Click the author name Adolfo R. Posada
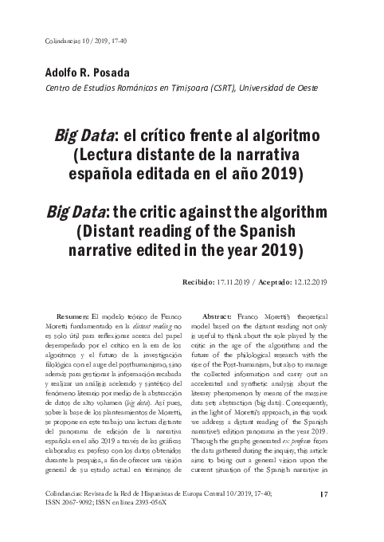tap(80, 73)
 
